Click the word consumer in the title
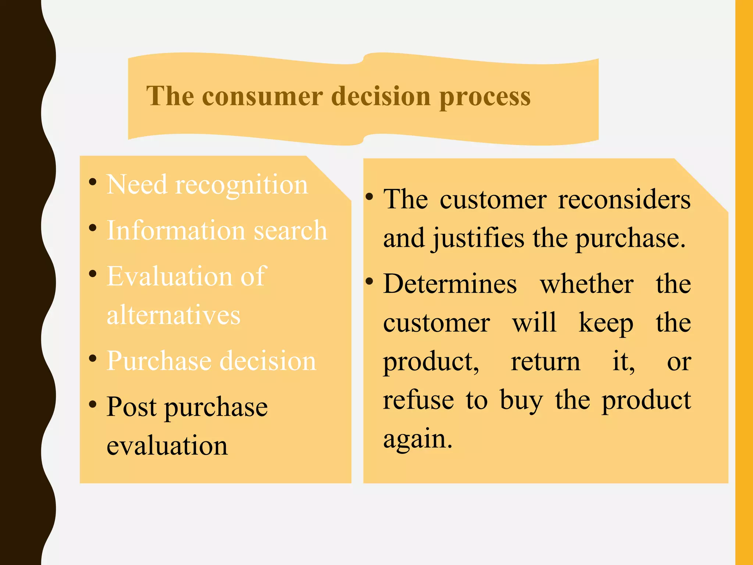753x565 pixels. point(263,96)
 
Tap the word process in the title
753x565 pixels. point(485,97)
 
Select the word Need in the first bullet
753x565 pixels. point(137,184)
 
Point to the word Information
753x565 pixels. point(176,231)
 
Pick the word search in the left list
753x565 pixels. point(290,231)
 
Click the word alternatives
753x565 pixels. point(174,315)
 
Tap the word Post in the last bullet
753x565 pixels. point(132,407)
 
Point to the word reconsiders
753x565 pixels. point(624,200)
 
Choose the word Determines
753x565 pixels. point(450,284)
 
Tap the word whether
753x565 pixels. point(587,284)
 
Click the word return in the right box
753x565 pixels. point(546,362)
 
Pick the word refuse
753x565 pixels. point(418,400)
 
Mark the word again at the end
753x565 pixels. point(417,439)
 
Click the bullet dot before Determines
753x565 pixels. point(369,282)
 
